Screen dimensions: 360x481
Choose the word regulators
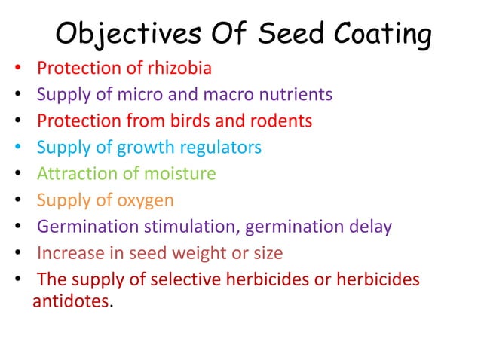pos(221,147)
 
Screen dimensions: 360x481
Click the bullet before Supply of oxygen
pos(16,201)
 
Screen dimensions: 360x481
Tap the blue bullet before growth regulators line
pos(16,148)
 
